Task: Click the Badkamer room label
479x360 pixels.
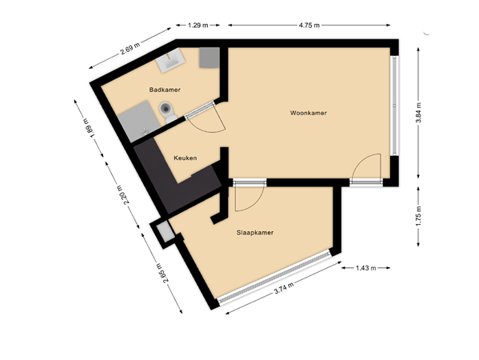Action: [x=163, y=90]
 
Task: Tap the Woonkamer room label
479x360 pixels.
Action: [x=309, y=114]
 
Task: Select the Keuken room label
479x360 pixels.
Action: [x=185, y=158]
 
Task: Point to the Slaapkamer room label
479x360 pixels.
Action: [x=256, y=233]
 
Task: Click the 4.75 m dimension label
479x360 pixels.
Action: [x=309, y=26]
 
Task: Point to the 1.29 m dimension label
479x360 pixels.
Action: [x=198, y=26]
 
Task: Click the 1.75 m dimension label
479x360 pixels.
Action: [x=419, y=216]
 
